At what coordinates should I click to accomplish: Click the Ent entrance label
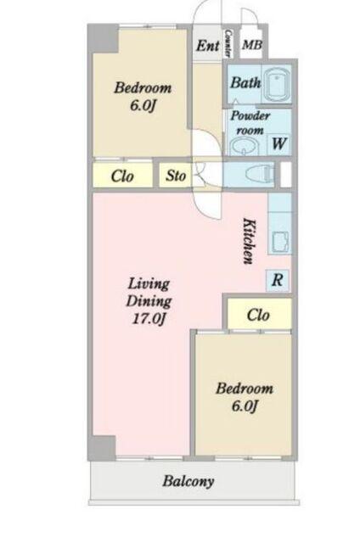pyautogui.click(x=207, y=45)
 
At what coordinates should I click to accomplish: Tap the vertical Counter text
pyautogui.click(x=228, y=43)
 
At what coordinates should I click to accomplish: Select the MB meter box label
pyautogui.click(x=251, y=45)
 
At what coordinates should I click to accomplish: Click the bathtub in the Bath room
pyautogui.click(x=276, y=85)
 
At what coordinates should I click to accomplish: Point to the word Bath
pyautogui.click(x=245, y=83)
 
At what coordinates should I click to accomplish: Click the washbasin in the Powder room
pyautogui.click(x=244, y=147)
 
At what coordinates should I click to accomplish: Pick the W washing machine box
pyautogui.click(x=279, y=143)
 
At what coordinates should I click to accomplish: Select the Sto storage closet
pyautogui.click(x=175, y=176)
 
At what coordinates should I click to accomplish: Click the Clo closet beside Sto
pyautogui.click(x=122, y=176)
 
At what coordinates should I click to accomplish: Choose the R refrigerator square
pyautogui.click(x=277, y=280)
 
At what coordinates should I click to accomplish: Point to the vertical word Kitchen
pyautogui.click(x=249, y=241)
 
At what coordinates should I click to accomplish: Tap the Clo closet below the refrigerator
pyautogui.click(x=259, y=314)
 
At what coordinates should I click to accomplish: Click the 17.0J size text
pyautogui.click(x=148, y=318)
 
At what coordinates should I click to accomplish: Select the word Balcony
pyautogui.click(x=188, y=481)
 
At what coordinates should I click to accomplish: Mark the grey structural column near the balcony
pyautogui.click(x=102, y=448)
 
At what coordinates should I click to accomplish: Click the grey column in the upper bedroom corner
pyautogui.click(x=104, y=38)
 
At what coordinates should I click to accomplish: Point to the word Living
pyautogui.click(x=149, y=283)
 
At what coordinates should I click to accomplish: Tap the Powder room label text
pyautogui.click(x=250, y=123)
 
